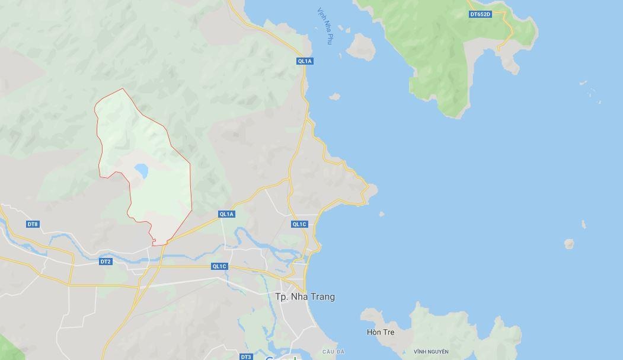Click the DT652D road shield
click(x=480, y=14)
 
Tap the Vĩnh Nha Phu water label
click(x=325, y=26)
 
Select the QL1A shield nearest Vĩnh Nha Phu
click(x=305, y=61)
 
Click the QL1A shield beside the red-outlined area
click(x=226, y=214)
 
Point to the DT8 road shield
click(x=33, y=224)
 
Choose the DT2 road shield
click(x=105, y=262)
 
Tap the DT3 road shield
click(x=246, y=356)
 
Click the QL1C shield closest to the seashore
click(x=299, y=224)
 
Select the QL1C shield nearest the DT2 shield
click(x=219, y=266)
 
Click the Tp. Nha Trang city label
click(x=305, y=297)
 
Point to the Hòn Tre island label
click(x=381, y=332)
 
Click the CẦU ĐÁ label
click(x=333, y=352)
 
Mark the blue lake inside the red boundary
click(x=141, y=171)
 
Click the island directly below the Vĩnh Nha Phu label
click(x=360, y=47)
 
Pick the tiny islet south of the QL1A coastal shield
click(x=334, y=96)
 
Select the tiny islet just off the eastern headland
click(x=381, y=214)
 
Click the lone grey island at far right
click(x=569, y=243)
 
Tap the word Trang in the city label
click(x=321, y=297)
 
